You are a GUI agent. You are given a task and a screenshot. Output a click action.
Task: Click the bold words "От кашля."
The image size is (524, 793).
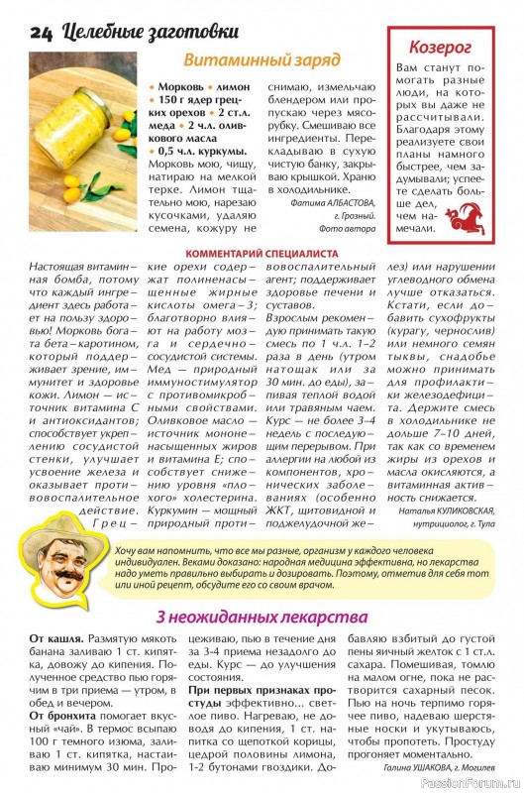click(56, 640)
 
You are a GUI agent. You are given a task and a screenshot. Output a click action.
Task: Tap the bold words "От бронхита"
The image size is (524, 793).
click(67, 715)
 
